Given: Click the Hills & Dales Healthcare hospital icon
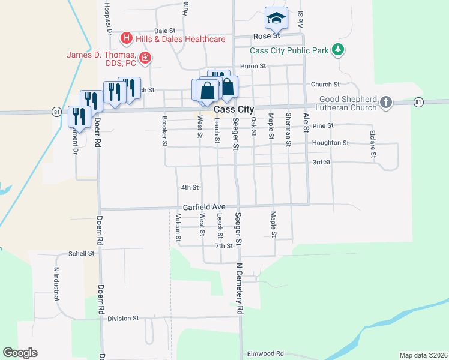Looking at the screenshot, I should [127, 39].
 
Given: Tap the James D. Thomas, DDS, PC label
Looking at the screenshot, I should [102, 59].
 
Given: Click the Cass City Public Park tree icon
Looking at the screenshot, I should [339, 50].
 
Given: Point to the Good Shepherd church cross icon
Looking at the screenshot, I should [386, 103].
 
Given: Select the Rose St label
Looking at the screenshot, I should [267, 36].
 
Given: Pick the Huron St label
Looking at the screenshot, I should [253, 66].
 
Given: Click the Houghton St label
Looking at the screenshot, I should [330, 143].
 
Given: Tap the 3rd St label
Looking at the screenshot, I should [322, 163].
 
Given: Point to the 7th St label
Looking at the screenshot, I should [224, 246].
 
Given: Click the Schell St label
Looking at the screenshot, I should [82, 254].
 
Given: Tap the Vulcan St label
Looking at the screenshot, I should [178, 229].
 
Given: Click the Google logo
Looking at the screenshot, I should [20, 353].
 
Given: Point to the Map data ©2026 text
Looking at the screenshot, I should [423, 355].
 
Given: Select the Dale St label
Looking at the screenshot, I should [164, 30].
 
